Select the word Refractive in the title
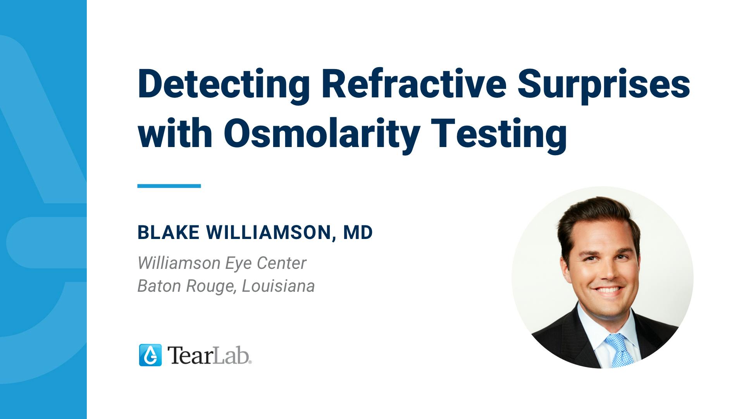click(x=413, y=83)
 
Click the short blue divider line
click(x=169, y=186)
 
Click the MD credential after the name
click(x=358, y=232)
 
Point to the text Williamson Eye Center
click(x=222, y=263)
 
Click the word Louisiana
click(x=278, y=286)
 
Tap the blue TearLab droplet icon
click(x=150, y=355)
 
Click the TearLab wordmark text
click(x=209, y=355)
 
